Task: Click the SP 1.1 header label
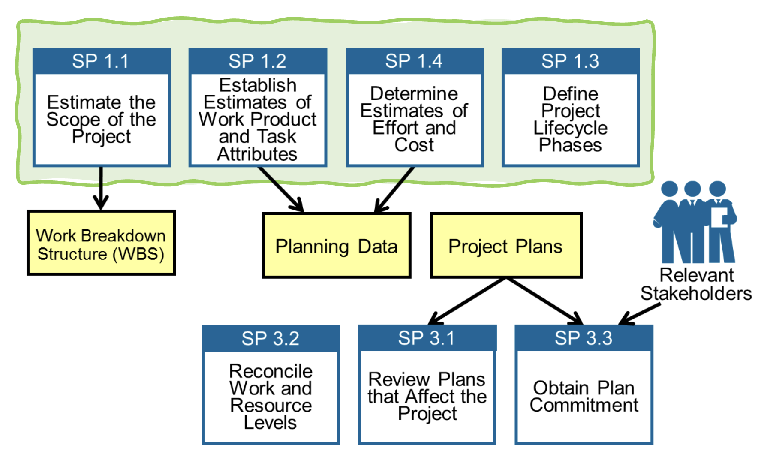tap(101, 61)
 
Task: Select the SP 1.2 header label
tap(257, 61)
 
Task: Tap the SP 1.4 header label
tap(414, 61)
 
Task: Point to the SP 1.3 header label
tap(570, 61)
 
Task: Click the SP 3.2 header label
tap(270, 339)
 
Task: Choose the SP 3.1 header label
tap(427, 338)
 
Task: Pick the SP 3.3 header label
tap(584, 338)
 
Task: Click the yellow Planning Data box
tap(337, 246)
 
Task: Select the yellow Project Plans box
tap(506, 246)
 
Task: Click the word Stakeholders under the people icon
tap(696, 294)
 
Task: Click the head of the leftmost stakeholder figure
tap(669, 189)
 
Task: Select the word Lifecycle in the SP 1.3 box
tap(570, 128)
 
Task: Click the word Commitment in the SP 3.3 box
tap(584, 405)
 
